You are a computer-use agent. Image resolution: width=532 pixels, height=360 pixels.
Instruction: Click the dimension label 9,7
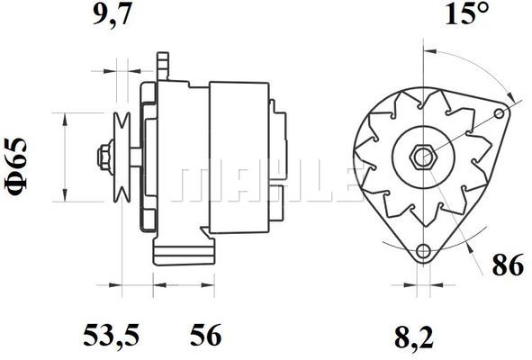tap(112, 15)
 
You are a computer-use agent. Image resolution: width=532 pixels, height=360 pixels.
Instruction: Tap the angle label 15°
tap(467, 13)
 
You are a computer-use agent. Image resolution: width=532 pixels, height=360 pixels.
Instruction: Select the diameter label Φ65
tap(15, 166)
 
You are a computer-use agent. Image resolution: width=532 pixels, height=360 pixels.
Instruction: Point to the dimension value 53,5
tap(112, 335)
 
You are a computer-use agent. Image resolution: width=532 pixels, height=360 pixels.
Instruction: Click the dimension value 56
tap(205, 335)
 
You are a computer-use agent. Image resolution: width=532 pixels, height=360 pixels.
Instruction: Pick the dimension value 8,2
tap(414, 337)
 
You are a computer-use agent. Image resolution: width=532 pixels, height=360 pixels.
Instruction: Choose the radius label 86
tap(508, 265)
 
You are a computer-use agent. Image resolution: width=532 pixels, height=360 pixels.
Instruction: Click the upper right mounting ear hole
tap(499, 113)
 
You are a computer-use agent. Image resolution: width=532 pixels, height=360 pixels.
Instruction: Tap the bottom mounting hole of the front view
tap(423, 251)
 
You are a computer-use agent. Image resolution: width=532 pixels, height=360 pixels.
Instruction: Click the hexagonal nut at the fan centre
tap(423, 157)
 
